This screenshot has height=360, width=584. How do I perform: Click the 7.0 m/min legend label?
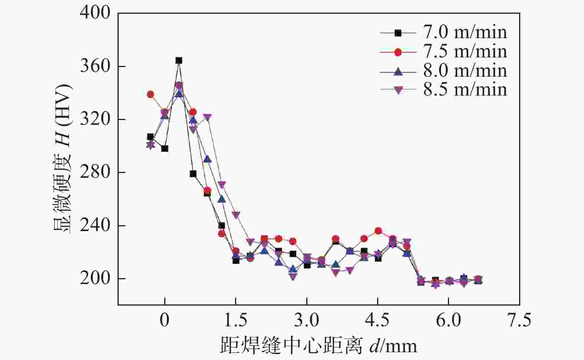(465, 33)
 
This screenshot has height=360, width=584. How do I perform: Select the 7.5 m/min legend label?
(465, 52)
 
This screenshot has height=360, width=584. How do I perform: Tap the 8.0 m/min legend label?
(465, 71)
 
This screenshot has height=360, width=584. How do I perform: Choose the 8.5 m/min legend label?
(465, 90)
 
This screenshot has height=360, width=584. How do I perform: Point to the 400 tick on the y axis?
(95, 13)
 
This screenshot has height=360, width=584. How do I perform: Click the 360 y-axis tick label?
(95, 67)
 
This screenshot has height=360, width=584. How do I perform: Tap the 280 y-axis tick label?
(95, 173)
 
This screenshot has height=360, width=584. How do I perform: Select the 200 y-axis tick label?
(95, 279)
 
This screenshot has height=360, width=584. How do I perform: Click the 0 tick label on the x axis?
(165, 320)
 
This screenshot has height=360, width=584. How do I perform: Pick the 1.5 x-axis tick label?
(236, 320)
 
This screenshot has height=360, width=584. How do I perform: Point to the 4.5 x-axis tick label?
(378, 320)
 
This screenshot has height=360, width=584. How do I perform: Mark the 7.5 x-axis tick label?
(519, 320)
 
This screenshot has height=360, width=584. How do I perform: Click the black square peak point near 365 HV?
(179, 60)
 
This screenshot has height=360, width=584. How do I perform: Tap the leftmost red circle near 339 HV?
(151, 94)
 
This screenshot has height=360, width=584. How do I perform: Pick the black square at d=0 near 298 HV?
(165, 149)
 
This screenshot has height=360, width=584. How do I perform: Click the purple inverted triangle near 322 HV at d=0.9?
(207, 117)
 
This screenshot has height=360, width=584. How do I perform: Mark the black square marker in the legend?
(398, 33)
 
